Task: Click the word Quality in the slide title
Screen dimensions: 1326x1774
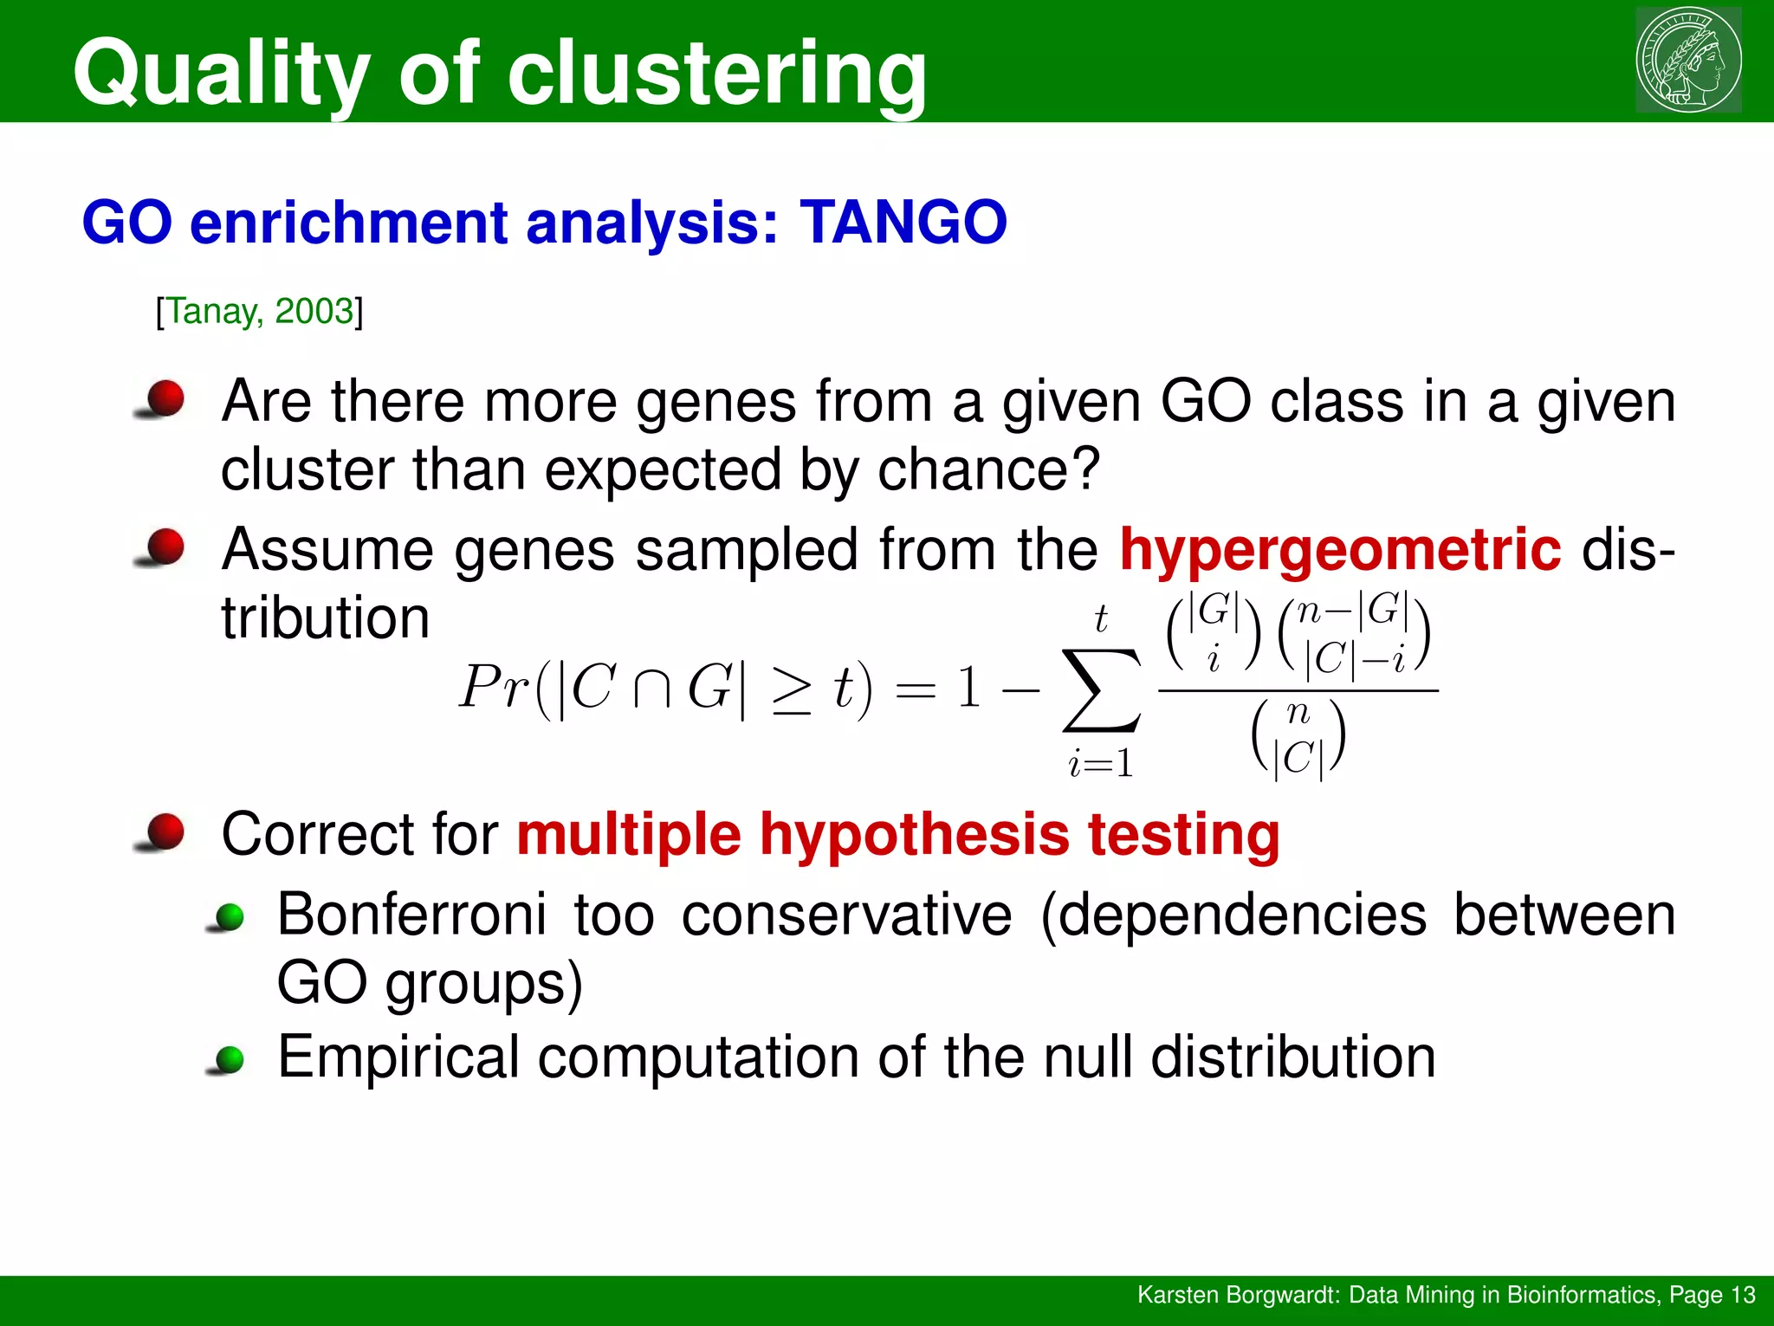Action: coord(222,74)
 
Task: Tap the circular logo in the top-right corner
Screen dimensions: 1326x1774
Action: coord(1687,59)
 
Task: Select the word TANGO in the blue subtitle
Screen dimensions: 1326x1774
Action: coord(903,223)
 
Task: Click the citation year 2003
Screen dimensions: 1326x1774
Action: coord(314,311)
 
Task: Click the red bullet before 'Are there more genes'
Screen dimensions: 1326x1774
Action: coord(163,399)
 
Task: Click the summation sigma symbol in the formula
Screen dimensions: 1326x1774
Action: coord(1101,690)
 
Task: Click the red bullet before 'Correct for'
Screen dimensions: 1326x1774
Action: coord(163,832)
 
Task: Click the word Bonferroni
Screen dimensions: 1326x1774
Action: coord(411,915)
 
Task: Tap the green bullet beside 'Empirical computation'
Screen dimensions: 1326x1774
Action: coord(229,1059)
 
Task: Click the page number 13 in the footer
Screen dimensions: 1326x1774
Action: coord(1742,1295)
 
